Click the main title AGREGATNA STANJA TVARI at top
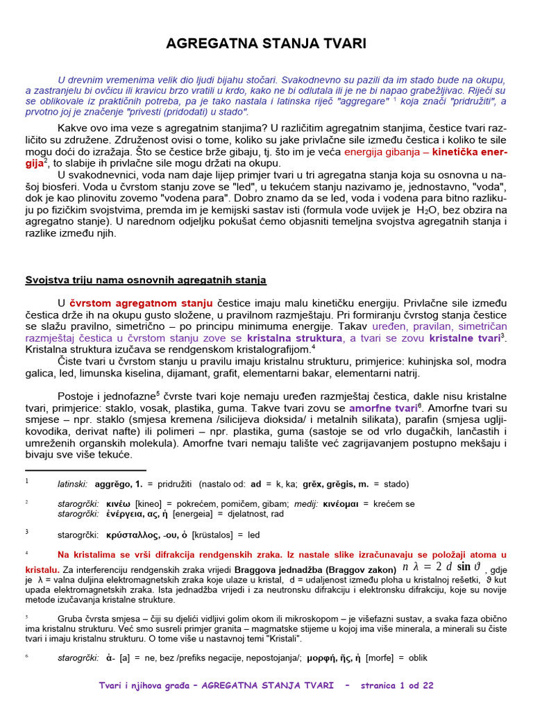266,44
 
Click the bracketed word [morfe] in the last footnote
382,658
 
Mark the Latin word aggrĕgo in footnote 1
113,484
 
